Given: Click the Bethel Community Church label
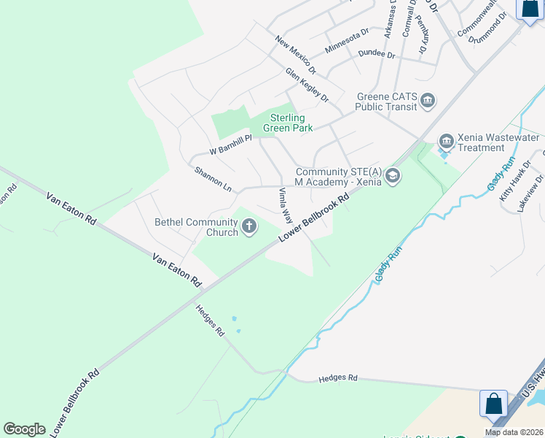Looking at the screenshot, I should pos(196,227).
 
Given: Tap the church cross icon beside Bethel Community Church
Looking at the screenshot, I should pos(249,226).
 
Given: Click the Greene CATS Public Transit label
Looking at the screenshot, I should pos(386,101).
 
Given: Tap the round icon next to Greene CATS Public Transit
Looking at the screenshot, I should pos(428,100).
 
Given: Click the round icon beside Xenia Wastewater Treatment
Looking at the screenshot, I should pos(446,140).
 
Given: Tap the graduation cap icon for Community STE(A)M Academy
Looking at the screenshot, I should pos(393,175).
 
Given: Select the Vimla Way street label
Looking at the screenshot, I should pos(286,205).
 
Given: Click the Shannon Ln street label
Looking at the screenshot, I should pos(213,180).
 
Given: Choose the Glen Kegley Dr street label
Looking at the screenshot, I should pos(307,85).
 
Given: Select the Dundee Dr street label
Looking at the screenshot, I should pos(377,55).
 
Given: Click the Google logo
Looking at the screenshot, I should pos(24,429).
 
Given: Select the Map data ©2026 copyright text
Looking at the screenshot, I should pos(513,432).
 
